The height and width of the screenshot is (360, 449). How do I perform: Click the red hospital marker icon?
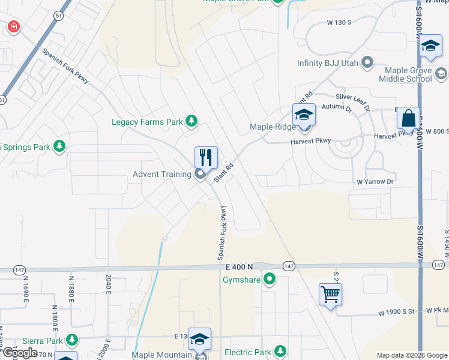pos(13,27)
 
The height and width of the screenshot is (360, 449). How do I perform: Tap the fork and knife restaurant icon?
pos(206,157)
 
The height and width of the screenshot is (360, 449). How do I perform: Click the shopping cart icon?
pos(330,294)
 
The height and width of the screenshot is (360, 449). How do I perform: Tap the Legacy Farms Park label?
pos(147,122)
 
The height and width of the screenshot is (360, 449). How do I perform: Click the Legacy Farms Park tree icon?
pos(191,122)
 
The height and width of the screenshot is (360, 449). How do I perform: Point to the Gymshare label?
pos(243,279)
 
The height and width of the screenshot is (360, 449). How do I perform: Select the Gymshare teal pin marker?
pos(270,278)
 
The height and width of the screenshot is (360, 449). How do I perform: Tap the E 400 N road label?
pos(240,266)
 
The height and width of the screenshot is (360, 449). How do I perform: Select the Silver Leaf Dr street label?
pos(352,97)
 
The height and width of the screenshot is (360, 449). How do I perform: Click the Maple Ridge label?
pos(273,127)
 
